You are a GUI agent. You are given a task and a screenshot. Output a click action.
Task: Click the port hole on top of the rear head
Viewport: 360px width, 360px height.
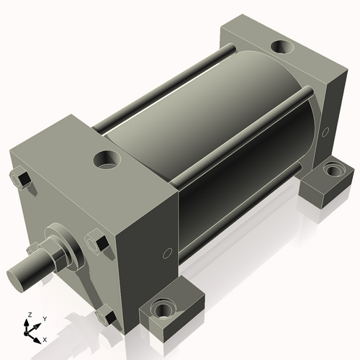[x=280, y=49]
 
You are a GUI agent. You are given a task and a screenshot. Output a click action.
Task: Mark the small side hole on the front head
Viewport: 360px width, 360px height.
[x=167, y=252]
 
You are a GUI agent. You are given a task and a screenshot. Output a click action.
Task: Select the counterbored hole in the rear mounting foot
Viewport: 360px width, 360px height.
[x=333, y=171]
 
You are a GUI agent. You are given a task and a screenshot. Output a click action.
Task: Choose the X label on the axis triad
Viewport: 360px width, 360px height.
[x=45, y=338]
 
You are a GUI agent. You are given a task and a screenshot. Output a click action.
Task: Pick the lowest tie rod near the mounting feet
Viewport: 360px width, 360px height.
[x=238, y=216]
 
